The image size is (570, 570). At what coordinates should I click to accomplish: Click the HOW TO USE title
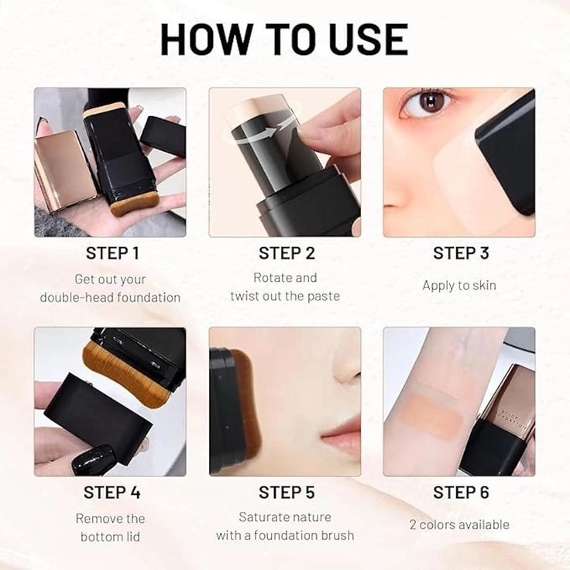284,39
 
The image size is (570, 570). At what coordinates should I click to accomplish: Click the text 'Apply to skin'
459,286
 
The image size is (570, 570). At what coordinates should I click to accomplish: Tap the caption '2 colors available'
459,524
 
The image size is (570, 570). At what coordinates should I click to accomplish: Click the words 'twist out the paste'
285,297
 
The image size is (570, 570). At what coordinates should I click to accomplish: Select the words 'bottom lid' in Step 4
110,536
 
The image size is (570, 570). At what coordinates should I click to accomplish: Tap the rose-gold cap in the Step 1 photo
65,170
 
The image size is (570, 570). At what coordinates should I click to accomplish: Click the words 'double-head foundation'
110,297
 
